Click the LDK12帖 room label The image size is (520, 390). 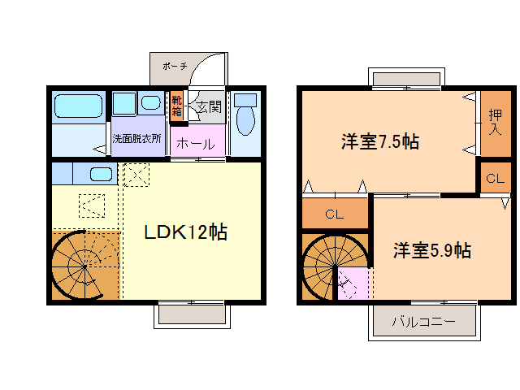[x=185, y=232]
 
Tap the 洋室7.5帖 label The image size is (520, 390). [x=379, y=141]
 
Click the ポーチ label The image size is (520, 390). [x=174, y=66]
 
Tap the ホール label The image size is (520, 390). [x=196, y=144]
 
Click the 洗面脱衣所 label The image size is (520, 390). [x=136, y=138]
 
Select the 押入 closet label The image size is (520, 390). [x=494, y=122]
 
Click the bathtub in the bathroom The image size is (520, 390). [x=77, y=106]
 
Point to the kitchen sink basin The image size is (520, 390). [x=100, y=174]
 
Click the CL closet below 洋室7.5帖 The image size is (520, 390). [x=334, y=215]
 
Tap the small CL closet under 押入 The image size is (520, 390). [x=495, y=178]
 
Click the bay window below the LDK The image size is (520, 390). [x=191, y=314]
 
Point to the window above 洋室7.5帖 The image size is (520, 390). [x=405, y=78]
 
